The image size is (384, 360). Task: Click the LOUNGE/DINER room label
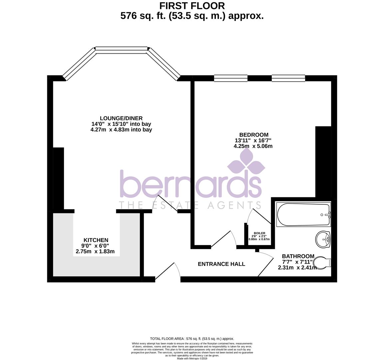121,118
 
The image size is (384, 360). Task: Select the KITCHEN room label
96,240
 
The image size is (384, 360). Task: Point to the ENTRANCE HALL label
221,264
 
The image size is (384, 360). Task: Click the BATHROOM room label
296,256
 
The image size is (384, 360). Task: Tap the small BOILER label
259,233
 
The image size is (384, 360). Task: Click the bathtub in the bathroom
303,215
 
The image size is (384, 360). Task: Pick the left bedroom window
231,78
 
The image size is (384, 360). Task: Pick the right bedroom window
288,78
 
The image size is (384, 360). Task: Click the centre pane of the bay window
122,50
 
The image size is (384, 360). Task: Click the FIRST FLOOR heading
192,6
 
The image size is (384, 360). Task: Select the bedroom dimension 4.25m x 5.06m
253,146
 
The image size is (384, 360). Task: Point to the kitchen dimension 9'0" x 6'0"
96,246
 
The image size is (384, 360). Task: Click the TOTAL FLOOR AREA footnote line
192,338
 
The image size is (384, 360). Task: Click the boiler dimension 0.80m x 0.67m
259,239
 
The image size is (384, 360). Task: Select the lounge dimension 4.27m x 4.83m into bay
121,130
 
